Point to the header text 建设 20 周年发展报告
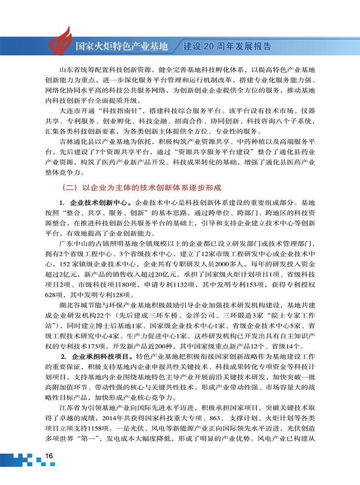(227, 47)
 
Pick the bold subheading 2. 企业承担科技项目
(96, 356)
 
